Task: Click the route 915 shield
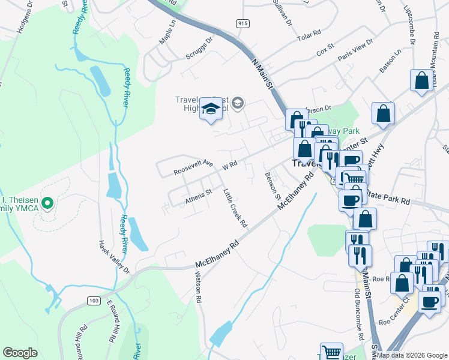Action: (242, 23)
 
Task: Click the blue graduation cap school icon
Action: (211, 109)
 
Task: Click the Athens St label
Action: (199, 197)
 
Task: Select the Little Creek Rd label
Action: (235, 208)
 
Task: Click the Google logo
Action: (20, 352)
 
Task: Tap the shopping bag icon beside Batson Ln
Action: (421, 80)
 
